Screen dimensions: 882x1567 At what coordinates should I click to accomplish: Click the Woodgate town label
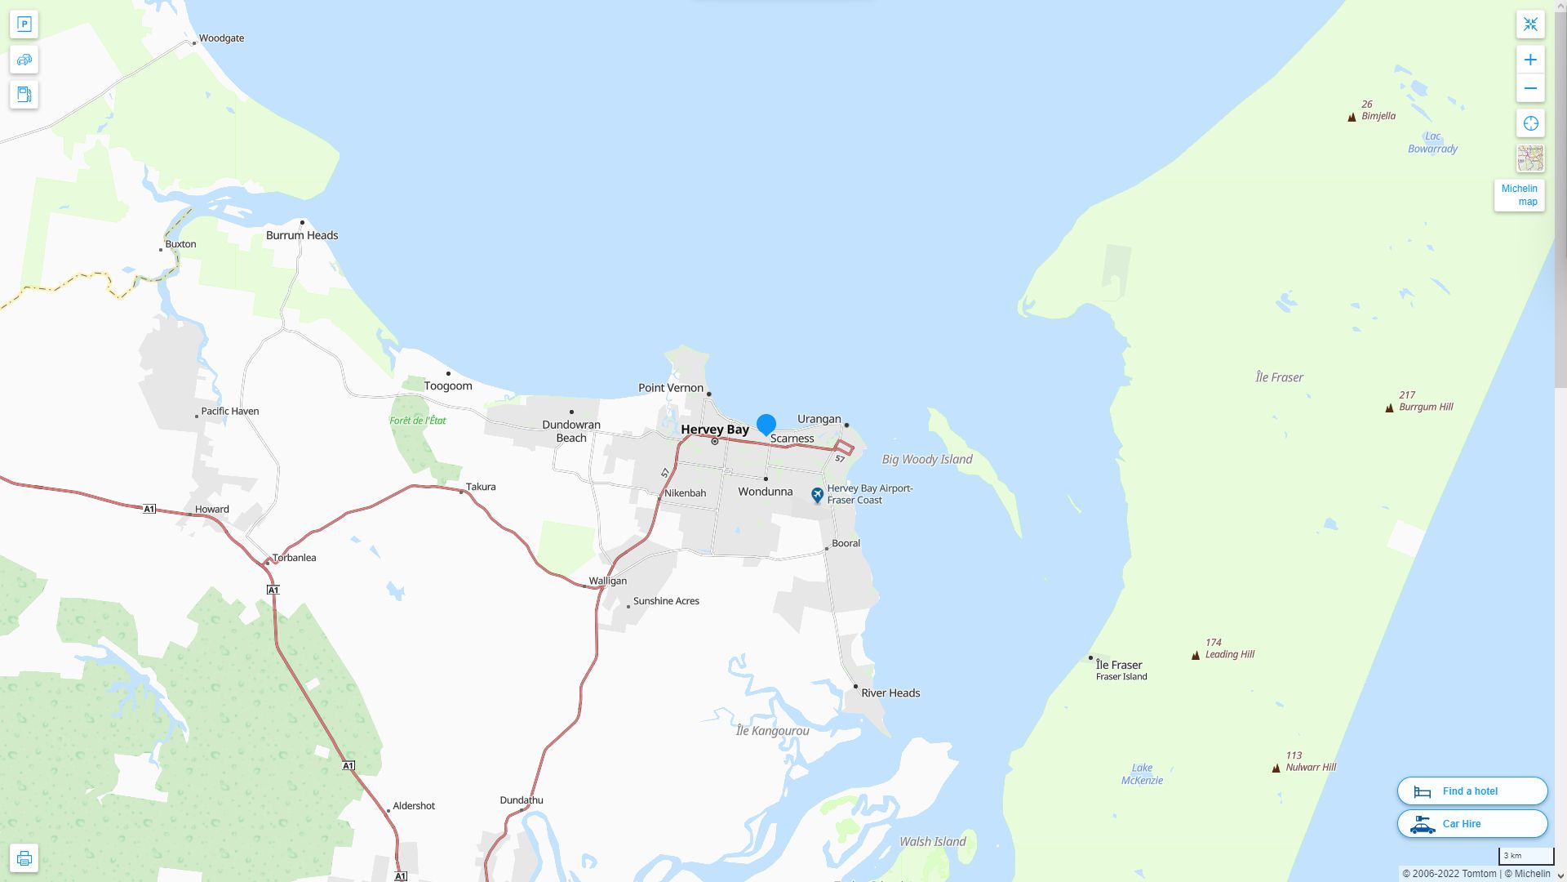pyautogui.click(x=221, y=38)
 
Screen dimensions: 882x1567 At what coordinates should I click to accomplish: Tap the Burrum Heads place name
pyautogui.click(x=301, y=235)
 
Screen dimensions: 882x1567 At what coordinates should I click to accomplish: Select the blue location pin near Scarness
pyautogui.click(x=766, y=425)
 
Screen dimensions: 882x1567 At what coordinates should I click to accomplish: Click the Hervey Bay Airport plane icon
pyautogui.click(x=817, y=495)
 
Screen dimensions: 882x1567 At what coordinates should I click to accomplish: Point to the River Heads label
pyautogui.click(x=890, y=693)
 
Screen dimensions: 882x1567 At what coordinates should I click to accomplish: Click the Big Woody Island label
pyautogui.click(x=927, y=460)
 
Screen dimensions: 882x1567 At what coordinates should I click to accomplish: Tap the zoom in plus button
pyautogui.click(x=1530, y=60)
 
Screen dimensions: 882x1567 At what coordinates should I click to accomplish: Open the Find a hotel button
pyautogui.click(x=1472, y=791)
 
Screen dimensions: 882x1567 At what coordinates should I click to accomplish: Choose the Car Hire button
pyautogui.click(x=1472, y=824)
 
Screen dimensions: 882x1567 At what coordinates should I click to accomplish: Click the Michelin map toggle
pyautogui.click(x=1519, y=195)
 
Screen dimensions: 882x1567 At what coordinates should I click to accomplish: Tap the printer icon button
pyautogui.click(x=24, y=858)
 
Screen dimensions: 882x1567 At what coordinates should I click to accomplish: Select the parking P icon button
pyautogui.click(x=24, y=24)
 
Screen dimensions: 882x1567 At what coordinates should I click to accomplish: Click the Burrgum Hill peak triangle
pyautogui.click(x=1389, y=408)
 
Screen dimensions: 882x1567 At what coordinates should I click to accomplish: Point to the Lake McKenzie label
pyautogui.click(x=1142, y=774)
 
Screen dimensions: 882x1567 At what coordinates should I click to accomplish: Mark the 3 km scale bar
pyautogui.click(x=1525, y=856)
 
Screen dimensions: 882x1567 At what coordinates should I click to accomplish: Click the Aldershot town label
pyautogui.click(x=413, y=806)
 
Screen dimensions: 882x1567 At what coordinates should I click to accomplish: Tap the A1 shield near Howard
pyautogui.click(x=149, y=509)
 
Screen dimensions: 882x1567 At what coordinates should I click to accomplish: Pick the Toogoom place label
pyautogui.click(x=447, y=385)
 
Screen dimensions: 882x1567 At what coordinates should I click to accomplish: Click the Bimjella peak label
pyautogui.click(x=1378, y=116)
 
